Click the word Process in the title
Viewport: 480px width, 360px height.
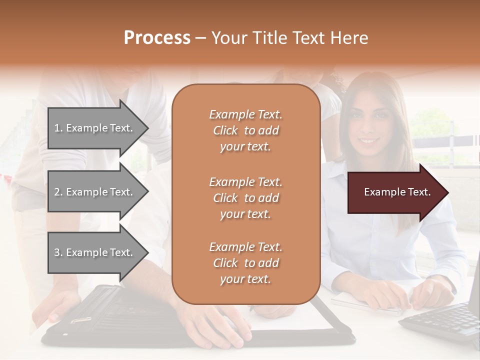[x=157, y=38]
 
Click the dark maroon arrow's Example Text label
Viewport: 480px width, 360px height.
[x=397, y=192]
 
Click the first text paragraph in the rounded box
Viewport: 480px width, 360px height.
[x=245, y=130]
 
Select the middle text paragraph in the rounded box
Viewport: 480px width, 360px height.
[x=245, y=198]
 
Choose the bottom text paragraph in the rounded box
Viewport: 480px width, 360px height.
[x=245, y=263]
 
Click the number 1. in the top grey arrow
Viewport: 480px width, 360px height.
[x=58, y=128]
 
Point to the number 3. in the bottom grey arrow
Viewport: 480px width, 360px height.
[x=58, y=252]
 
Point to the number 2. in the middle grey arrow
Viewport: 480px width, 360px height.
[x=58, y=192]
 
